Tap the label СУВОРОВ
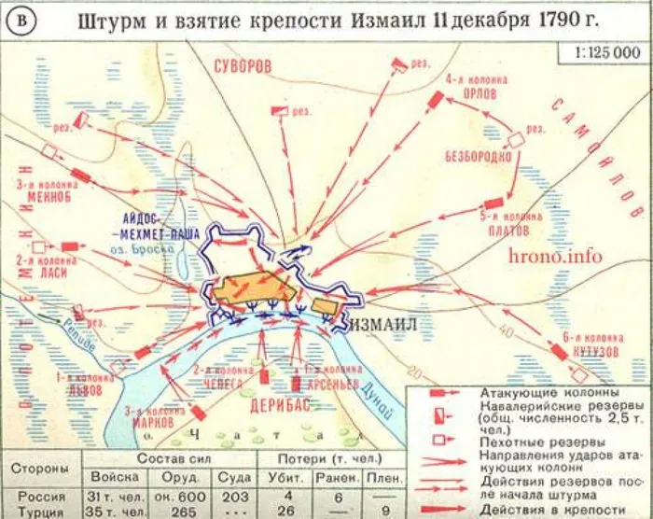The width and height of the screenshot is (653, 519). pyautogui.click(x=242, y=68)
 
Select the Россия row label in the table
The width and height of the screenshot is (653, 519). pyautogui.click(x=35, y=497)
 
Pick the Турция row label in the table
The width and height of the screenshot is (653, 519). pyautogui.click(x=35, y=512)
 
